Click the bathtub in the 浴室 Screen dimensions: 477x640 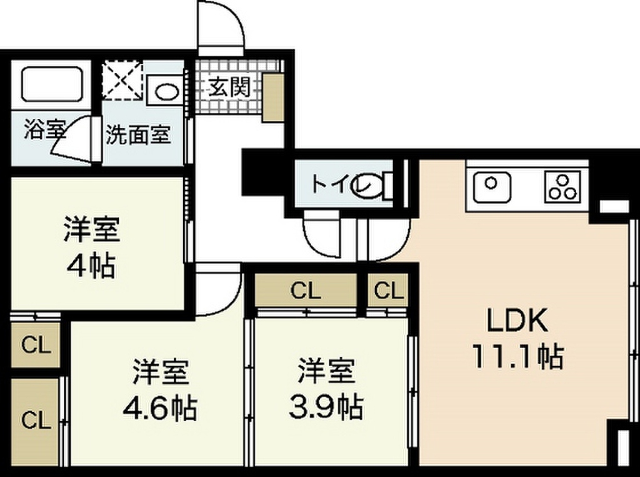pos(52,84)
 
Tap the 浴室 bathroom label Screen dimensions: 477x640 pos(44,131)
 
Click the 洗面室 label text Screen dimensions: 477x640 pos(137,135)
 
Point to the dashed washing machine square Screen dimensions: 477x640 pos(122,79)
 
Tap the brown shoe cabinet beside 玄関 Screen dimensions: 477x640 pos(272,97)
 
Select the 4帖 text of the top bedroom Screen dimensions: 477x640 pos(91,266)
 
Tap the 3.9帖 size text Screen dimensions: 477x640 pos(325,408)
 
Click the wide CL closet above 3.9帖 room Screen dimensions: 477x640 pos(306,290)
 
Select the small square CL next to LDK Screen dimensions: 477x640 pos(388,290)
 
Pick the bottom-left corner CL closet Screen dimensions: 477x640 pos(36,421)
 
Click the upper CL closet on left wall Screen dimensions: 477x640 pos(36,345)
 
